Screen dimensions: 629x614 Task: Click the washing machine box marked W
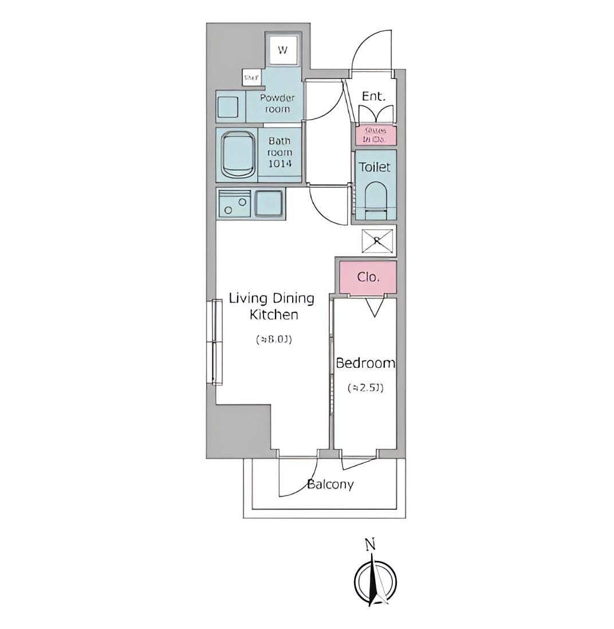tap(283, 49)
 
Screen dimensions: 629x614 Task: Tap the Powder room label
tap(277, 103)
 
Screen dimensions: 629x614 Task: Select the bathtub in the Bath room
tap(237, 155)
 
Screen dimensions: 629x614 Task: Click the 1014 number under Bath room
tap(280, 164)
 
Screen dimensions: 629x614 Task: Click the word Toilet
tap(375, 167)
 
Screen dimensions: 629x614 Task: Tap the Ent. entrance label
tap(373, 96)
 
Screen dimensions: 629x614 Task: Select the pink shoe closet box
tap(375, 135)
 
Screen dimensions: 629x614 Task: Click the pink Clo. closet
tap(368, 278)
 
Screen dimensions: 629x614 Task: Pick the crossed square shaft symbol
tap(377, 241)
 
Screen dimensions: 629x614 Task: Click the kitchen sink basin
tap(268, 203)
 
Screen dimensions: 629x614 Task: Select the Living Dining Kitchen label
tap(272, 306)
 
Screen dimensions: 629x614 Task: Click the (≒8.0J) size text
tap(274, 339)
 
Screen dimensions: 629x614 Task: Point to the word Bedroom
tap(365, 363)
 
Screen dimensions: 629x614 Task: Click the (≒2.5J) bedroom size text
tap(365, 388)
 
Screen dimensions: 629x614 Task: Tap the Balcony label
tap(330, 485)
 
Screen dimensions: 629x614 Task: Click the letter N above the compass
tap(371, 545)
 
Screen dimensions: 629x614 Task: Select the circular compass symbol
tap(375, 581)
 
